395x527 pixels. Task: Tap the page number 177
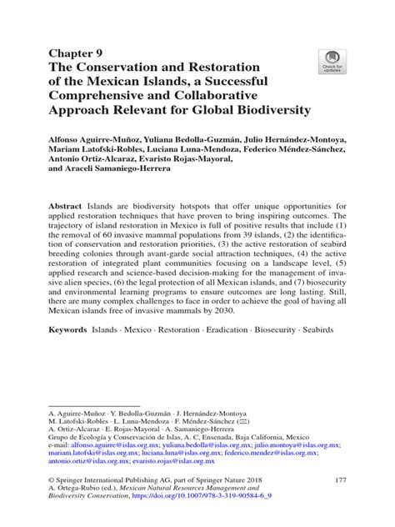339,503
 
